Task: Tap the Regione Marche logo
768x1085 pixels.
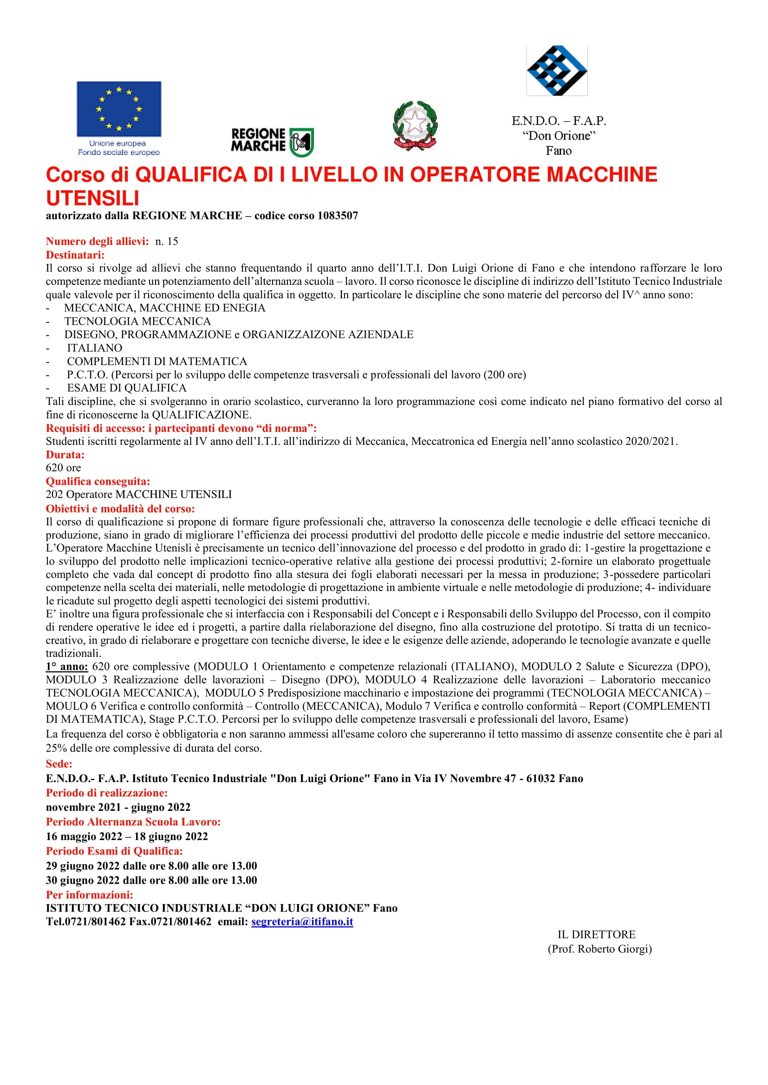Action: click(272, 141)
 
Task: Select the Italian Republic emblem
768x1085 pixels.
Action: click(415, 126)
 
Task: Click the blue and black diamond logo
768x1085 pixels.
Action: click(557, 71)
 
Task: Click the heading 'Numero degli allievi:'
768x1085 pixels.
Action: click(97, 242)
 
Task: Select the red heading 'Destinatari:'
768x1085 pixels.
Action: click(75, 255)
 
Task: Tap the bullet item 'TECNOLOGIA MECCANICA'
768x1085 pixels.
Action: click(137, 321)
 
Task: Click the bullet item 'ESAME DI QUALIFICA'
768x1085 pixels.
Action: click(126, 388)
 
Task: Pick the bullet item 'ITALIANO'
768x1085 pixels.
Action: click(94, 348)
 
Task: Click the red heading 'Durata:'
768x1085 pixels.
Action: click(65, 455)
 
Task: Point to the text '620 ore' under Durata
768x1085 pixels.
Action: click(63, 468)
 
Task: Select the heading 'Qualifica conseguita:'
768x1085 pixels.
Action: click(98, 482)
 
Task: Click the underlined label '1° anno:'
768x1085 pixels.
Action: click(67, 667)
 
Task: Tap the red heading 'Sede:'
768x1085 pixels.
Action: click(59, 764)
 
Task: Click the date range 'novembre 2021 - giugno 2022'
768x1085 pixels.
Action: click(118, 807)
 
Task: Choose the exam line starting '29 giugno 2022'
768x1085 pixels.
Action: click(151, 866)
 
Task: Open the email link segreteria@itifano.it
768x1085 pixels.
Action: click(302, 922)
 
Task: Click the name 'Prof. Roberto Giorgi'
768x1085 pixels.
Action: click(599, 949)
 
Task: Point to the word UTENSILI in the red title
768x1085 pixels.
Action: click(93, 198)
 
